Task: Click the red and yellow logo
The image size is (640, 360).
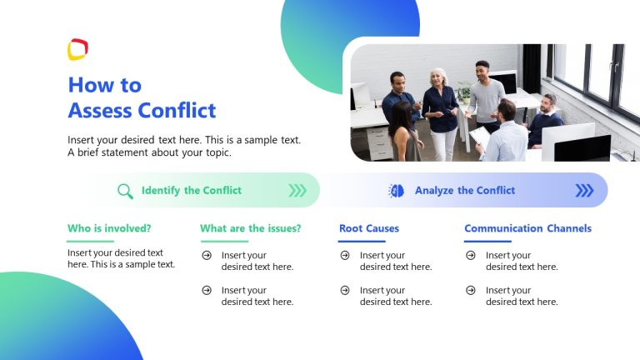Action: [77, 50]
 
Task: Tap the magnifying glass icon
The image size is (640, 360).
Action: [125, 191]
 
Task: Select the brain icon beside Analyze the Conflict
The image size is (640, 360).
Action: [397, 191]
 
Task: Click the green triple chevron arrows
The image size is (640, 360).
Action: [297, 191]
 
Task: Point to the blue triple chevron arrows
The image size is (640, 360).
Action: [584, 191]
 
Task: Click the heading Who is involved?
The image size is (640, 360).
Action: [109, 228]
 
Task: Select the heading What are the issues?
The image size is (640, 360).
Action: [250, 228]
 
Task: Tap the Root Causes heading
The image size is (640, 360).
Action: [368, 228]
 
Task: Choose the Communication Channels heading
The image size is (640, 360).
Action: [527, 228]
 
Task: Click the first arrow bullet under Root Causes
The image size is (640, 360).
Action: [345, 255]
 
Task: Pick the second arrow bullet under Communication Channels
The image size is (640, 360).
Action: [471, 290]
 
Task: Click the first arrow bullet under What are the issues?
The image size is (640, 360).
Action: [207, 255]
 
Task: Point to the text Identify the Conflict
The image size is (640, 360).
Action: [192, 191]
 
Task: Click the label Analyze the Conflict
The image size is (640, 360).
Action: [465, 191]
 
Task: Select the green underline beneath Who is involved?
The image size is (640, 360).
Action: [91, 241]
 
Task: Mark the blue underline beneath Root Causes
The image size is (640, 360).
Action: [362, 241]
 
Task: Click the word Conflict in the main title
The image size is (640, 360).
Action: [177, 110]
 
